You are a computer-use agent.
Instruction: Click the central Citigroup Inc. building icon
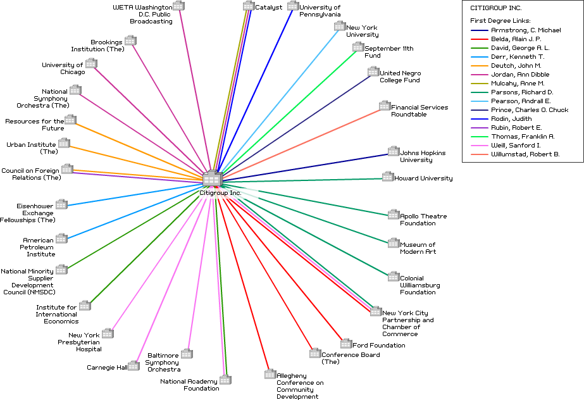click(211, 178)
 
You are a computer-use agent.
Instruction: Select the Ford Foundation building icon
click(346, 344)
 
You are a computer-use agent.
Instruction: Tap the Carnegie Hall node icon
click(134, 365)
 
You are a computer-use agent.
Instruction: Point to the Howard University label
click(423, 178)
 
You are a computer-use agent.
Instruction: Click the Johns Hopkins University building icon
click(394, 151)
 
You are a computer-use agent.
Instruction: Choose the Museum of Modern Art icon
click(394, 243)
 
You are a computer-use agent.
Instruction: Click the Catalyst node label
click(268, 8)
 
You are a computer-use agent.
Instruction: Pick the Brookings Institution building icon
click(130, 41)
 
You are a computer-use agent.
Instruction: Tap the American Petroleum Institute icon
click(61, 239)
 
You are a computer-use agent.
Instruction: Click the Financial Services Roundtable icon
click(385, 106)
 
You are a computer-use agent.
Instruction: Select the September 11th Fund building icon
click(358, 47)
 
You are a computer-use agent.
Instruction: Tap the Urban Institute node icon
click(64, 143)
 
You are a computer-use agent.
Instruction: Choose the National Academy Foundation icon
click(225, 380)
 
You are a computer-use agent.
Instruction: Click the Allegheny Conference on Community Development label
click(300, 386)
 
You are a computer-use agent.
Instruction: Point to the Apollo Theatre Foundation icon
click(394, 215)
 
